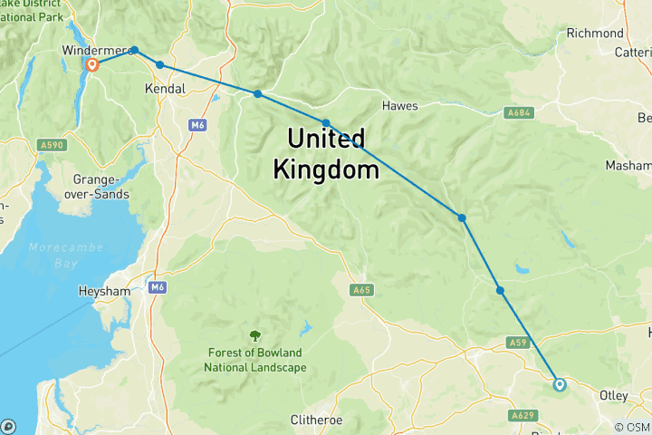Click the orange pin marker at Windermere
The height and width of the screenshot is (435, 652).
91,65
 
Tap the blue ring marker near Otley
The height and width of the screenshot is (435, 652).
560,384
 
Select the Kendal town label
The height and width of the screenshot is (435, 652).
165,90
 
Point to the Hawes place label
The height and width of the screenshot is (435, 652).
399,106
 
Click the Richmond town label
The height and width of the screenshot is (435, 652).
595,34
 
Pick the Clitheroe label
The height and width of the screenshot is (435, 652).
319,420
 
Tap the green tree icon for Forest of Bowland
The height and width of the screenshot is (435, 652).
254,336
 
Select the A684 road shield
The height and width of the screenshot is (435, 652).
519,112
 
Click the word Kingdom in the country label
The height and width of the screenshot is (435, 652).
325,169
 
